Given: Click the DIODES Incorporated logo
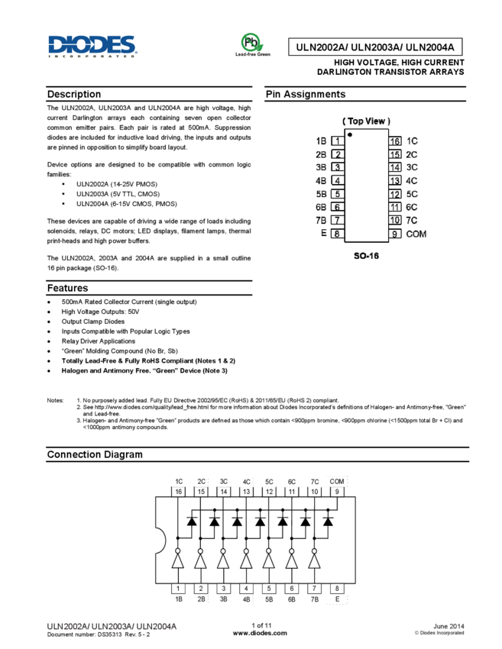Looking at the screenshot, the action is click(92, 46).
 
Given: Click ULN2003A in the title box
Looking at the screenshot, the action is click(375, 47).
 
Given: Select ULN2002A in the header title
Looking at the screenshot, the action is click(321, 47).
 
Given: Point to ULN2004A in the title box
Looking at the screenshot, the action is click(429, 47).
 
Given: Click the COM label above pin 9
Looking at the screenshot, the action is click(337, 482).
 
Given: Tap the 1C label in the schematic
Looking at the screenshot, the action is click(178, 482).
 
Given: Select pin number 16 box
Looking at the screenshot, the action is click(178, 492).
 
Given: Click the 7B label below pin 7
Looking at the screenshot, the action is click(314, 599).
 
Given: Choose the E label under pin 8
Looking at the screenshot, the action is click(337, 599).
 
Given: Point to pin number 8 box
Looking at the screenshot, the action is click(337, 589).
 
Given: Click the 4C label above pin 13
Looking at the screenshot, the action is click(247, 482).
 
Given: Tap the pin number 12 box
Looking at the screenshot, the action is click(269, 492).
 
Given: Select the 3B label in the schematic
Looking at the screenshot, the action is click(223, 599).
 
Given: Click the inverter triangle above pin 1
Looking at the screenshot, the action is click(178, 561).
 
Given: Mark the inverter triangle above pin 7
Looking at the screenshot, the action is click(314, 561).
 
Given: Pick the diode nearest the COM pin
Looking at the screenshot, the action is click(328, 521).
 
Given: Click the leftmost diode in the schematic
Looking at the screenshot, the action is click(192, 521).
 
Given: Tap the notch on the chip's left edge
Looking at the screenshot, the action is click(159, 541).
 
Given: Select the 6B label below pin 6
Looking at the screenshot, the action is click(291, 599).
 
